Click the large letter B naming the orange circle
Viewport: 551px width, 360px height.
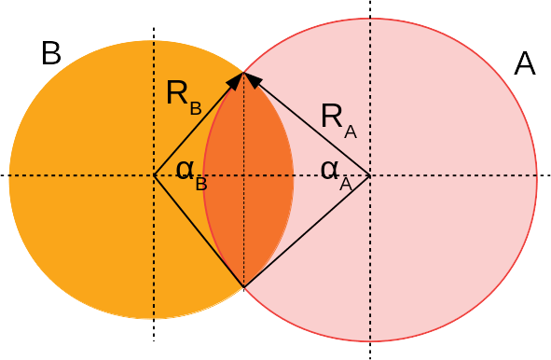click(51, 54)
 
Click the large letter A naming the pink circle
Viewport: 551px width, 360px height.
click(525, 63)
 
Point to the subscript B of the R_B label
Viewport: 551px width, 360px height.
click(196, 107)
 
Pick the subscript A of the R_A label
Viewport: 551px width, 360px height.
click(351, 131)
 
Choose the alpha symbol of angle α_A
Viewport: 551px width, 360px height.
click(328, 170)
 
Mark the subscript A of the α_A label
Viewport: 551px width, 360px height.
click(345, 184)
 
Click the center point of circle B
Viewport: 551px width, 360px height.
click(154, 175)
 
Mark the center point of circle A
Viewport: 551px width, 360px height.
click(370, 175)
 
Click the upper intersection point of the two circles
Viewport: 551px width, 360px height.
click(243, 72)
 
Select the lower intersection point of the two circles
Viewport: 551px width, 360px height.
click(243, 286)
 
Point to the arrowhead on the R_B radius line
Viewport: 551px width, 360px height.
click(237, 79)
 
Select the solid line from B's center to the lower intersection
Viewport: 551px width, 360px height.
click(199, 230)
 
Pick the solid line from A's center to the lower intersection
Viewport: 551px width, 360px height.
click(307, 230)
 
